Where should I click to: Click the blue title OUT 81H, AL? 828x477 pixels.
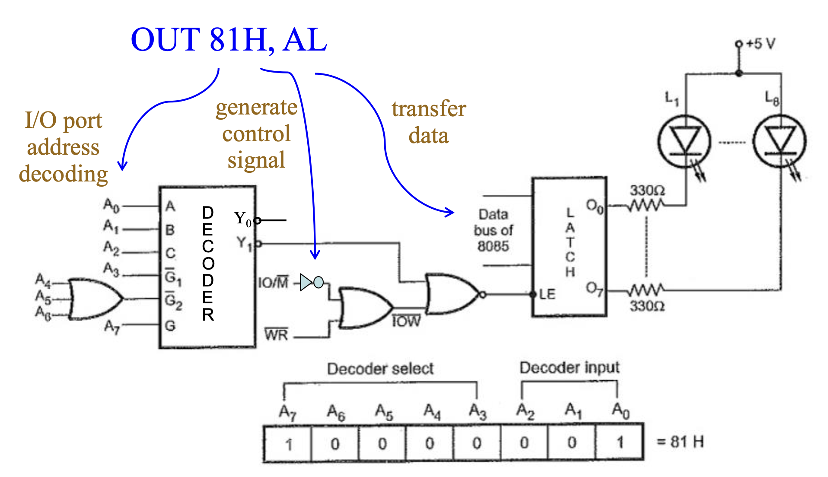[229, 40]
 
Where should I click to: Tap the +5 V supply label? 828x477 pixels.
[761, 44]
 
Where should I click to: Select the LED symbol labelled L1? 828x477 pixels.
[684, 141]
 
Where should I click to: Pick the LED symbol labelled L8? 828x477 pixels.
[780, 141]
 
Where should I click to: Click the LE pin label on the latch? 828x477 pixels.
[547, 294]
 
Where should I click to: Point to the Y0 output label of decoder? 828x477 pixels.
[242, 219]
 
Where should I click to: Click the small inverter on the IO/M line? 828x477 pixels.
[312, 282]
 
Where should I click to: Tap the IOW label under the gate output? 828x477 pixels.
[406, 321]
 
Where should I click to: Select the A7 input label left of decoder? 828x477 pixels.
[111, 327]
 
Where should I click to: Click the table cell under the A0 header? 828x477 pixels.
[620, 442]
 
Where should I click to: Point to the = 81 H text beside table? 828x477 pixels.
[680, 442]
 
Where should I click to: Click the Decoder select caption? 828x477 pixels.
[380, 369]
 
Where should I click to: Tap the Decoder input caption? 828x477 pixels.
[569, 367]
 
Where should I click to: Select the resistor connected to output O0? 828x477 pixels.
[646, 205]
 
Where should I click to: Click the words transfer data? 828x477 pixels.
[429, 122]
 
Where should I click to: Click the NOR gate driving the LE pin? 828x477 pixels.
[452, 294]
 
